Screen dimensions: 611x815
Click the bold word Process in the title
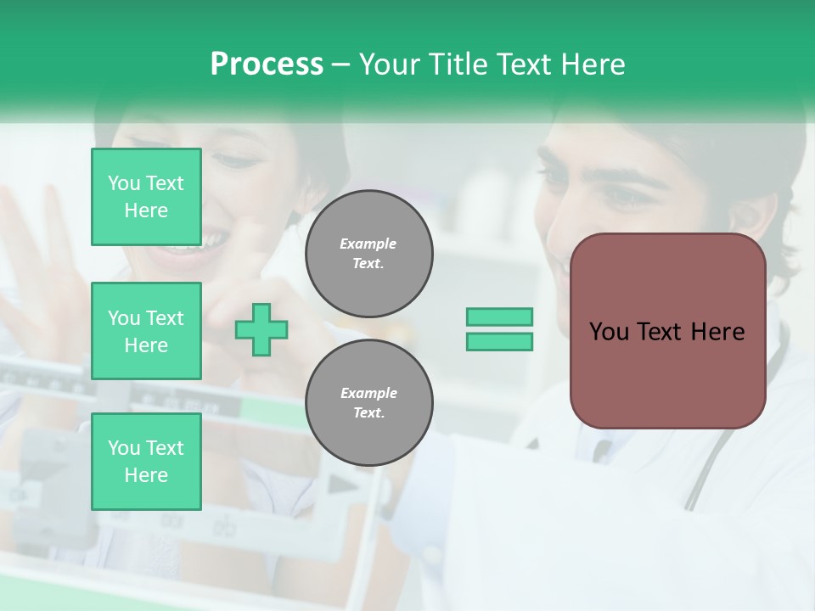click(x=267, y=64)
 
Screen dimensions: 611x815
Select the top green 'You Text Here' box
click(x=146, y=197)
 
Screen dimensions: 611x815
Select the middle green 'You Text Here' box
click(x=146, y=331)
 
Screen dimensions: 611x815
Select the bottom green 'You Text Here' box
click(x=146, y=462)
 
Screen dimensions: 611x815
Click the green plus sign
click(x=261, y=329)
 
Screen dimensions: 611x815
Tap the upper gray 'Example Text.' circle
click(x=368, y=254)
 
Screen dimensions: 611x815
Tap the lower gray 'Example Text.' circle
click(x=368, y=403)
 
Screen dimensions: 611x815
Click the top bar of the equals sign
click(x=499, y=317)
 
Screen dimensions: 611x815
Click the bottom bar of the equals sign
click(x=499, y=342)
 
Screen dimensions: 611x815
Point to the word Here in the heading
click(x=592, y=64)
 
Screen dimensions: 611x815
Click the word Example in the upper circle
click(x=368, y=244)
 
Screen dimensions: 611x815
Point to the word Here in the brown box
click(x=717, y=332)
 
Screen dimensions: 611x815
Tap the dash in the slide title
click(x=341, y=65)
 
